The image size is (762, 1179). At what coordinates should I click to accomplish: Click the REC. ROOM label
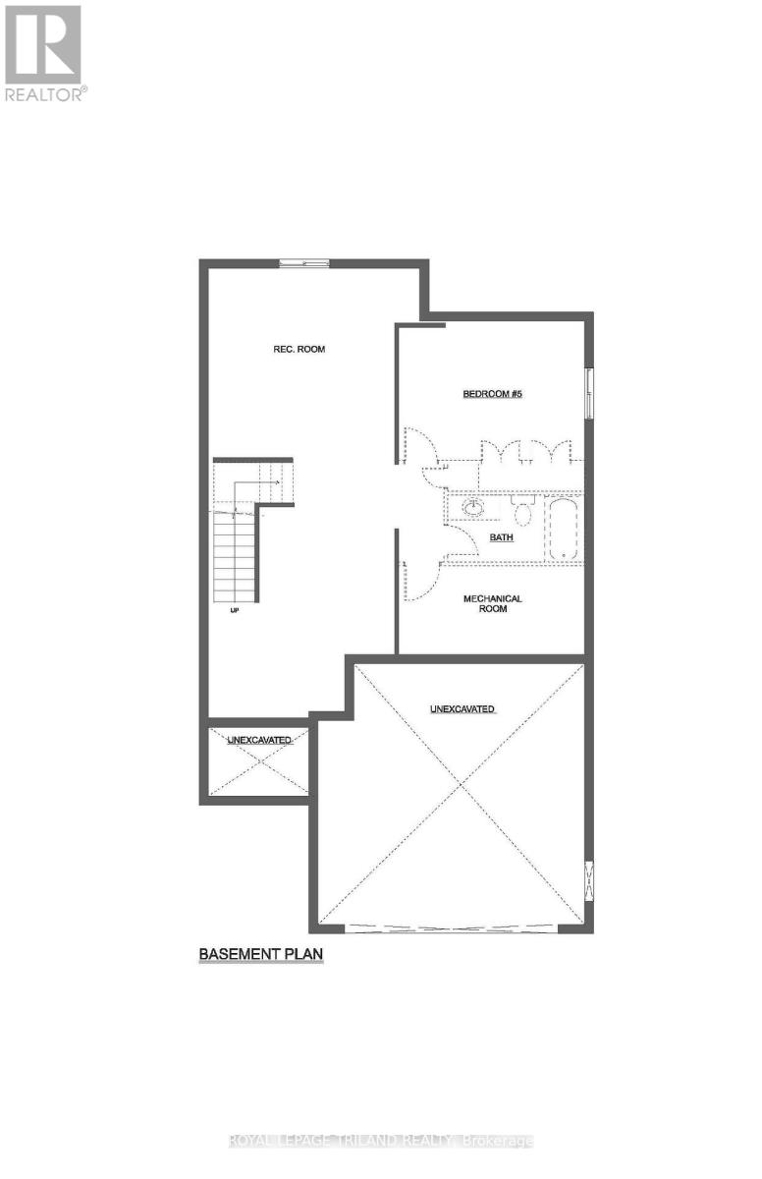(x=300, y=349)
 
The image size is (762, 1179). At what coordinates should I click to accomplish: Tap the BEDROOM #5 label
(x=492, y=394)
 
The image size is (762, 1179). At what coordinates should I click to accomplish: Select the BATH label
(x=501, y=538)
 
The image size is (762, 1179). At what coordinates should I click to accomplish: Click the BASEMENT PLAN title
(x=261, y=953)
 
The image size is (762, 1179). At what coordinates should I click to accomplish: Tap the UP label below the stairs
(x=235, y=610)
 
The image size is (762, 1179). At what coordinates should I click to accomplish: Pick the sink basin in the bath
(x=473, y=508)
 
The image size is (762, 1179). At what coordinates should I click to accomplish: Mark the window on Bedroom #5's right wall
(x=588, y=393)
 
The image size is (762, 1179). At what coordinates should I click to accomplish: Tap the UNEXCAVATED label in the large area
(x=462, y=708)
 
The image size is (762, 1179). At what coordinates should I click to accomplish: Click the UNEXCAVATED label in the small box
(x=259, y=739)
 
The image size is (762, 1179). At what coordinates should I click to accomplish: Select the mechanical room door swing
(x=415, y=580)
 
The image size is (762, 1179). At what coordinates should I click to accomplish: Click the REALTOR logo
(x=45, y=51)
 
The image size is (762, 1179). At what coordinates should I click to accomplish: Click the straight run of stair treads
(x=236, y=560)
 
